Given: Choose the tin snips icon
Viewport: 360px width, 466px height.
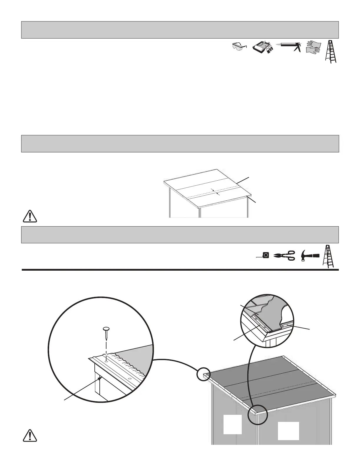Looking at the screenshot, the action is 284,255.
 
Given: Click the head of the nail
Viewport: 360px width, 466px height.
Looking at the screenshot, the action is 106,328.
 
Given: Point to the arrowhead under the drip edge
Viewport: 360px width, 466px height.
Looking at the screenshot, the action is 101,378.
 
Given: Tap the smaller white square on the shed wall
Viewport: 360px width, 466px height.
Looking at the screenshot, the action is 232,424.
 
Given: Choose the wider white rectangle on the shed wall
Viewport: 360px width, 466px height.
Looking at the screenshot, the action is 289,431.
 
